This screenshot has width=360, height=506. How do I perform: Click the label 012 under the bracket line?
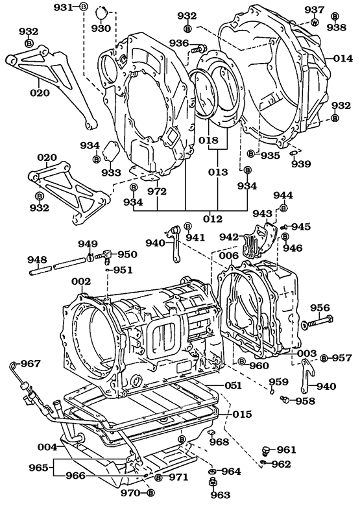213,219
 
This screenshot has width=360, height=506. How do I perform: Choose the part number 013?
219,173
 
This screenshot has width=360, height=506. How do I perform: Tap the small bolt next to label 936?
198,47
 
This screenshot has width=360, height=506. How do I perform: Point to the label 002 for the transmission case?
81,282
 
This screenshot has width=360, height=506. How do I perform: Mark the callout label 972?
156,191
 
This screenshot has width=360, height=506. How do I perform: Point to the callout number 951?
122,270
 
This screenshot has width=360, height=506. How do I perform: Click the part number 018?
210,140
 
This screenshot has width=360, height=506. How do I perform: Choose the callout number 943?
262,213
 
